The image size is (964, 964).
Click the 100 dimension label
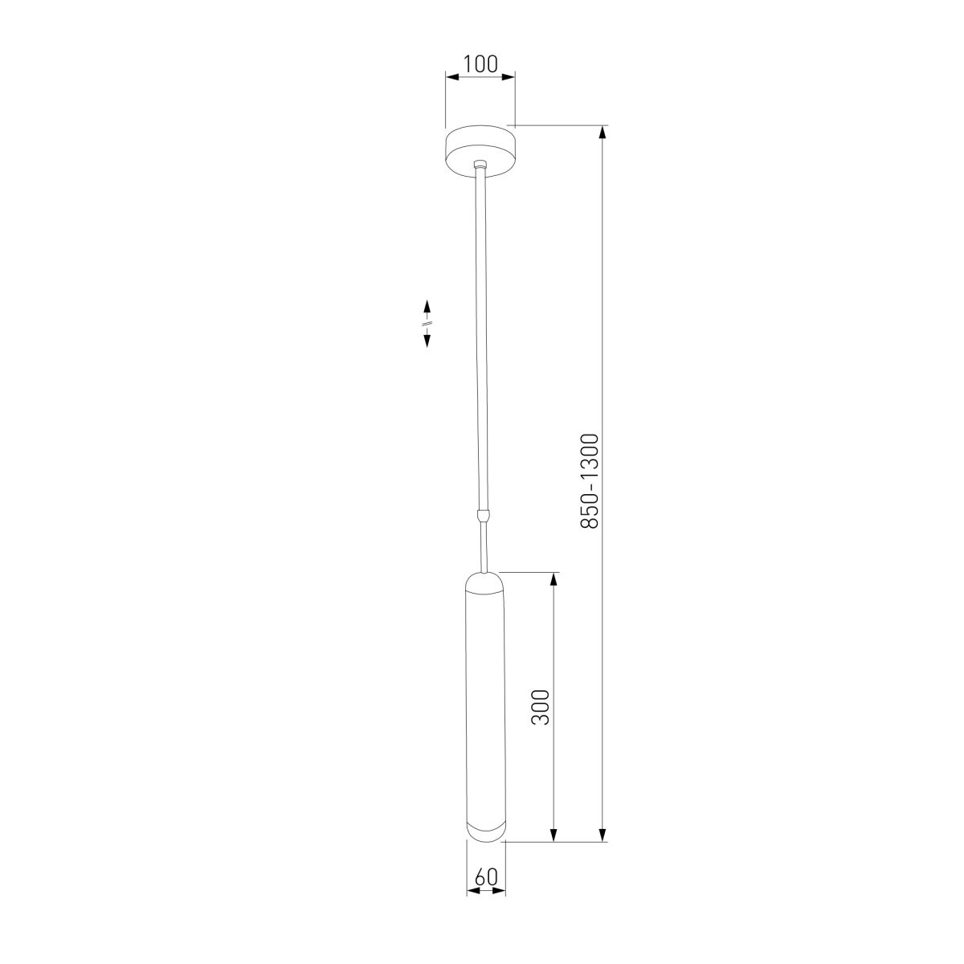(480, 64)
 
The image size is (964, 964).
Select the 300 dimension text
(541, 708)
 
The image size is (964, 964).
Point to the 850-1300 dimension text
(590, 482)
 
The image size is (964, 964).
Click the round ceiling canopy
(480, 151)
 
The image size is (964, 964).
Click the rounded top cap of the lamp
(485, 582)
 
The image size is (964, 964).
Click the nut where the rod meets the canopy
(480, 164)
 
